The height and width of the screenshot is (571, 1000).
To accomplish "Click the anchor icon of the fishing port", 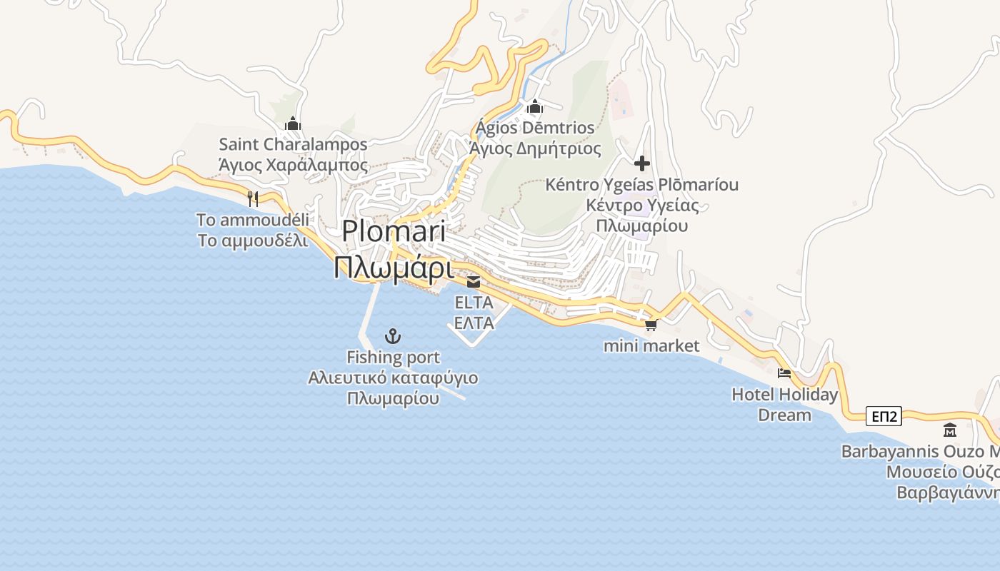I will [x=393, y=335].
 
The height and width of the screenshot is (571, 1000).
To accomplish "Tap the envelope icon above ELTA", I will [x=474, y=281].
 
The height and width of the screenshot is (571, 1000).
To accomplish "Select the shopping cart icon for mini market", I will [x=650, y=325].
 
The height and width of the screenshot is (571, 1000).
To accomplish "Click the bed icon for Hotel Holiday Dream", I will [x=784, y=373].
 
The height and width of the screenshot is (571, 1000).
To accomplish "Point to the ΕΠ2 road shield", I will [x=884, y=416].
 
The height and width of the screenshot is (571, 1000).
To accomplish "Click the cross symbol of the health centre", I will [x=641, y=163].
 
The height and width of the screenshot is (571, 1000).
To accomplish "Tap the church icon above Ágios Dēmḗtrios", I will [x=534, y=108].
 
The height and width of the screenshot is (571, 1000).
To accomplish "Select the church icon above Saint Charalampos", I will [x=292, y=124].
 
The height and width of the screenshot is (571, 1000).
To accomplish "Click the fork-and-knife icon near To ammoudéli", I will [x=252, y=198].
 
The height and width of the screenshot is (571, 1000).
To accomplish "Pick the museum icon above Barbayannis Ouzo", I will [x=950, y=430].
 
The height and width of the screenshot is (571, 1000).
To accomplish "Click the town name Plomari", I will [x=394, y=231].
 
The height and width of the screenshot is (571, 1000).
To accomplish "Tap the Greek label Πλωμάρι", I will [x=394, y=268].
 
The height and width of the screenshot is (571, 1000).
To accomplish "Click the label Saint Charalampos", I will [x=293, y=145].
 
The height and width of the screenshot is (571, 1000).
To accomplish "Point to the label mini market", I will [x=651, y=346].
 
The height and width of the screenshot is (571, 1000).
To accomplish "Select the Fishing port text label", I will [x=393, y=357].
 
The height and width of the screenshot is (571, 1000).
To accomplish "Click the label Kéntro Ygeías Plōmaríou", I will [x=641, y=185].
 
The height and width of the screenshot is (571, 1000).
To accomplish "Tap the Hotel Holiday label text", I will [x=784, y=395].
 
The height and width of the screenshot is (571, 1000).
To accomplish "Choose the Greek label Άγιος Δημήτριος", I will [x=535, y=149].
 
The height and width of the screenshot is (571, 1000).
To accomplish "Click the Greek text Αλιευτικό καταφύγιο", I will [x=393, y=378].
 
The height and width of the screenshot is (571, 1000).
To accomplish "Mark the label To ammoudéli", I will [x=253, y=219].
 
